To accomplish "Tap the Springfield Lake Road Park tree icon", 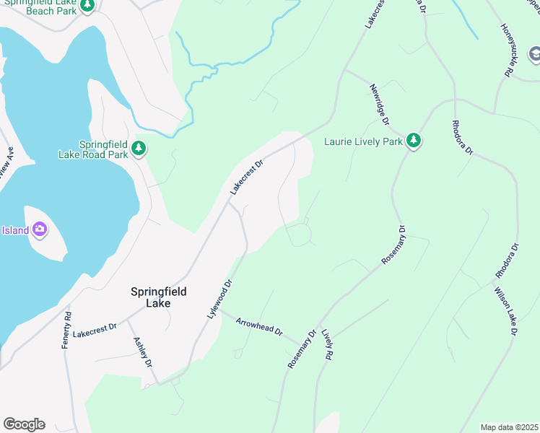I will tap(139, 149).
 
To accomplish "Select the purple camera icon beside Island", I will tap(40, 230).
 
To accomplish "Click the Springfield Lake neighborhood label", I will tap(159, 297).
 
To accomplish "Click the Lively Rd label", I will tap(328, 346).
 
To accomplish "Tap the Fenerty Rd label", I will tap(68, 331).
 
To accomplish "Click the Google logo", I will tap(24, 424).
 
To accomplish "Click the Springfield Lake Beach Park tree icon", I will tap(87, 6).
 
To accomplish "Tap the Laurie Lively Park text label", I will tap(363, 141).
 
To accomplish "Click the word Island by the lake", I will tap(14, 231).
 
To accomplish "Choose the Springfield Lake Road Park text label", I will tap(94, 149).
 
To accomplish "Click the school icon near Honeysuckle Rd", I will tap(534, 54).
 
